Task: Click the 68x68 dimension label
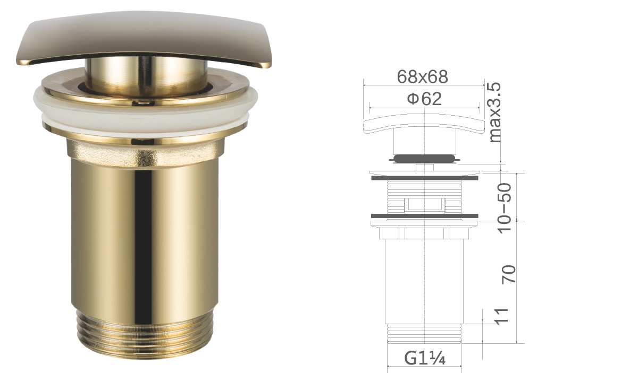point(423,76)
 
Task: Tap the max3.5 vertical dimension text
point(494,112)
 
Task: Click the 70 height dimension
point(508,274)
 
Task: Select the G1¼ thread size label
point(424,359)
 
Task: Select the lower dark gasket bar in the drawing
point(424,216)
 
